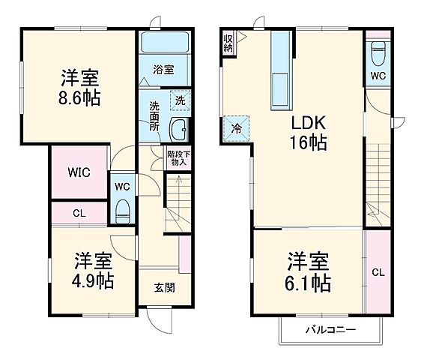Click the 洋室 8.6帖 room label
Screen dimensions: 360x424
click(x=81, y=87)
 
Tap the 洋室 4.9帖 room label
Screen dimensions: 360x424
click(x=93, y=271)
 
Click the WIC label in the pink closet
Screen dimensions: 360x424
click(x=79, y=172)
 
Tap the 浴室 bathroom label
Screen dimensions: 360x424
click(x=163, y=70)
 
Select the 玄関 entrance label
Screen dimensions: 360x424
click(x=165, y=286)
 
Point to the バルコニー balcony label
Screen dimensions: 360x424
click(x=330, y=329)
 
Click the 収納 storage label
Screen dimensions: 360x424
click(x=228, y=41)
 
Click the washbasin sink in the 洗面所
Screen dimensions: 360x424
click(x=180, y=130)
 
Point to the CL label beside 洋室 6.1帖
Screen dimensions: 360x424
click(x=378, y=271)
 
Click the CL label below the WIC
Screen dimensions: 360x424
click(x=79, y=214)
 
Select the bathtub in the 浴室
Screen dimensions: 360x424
click(x=163, y=45)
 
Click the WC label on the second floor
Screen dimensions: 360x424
click(x=378, y=76)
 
